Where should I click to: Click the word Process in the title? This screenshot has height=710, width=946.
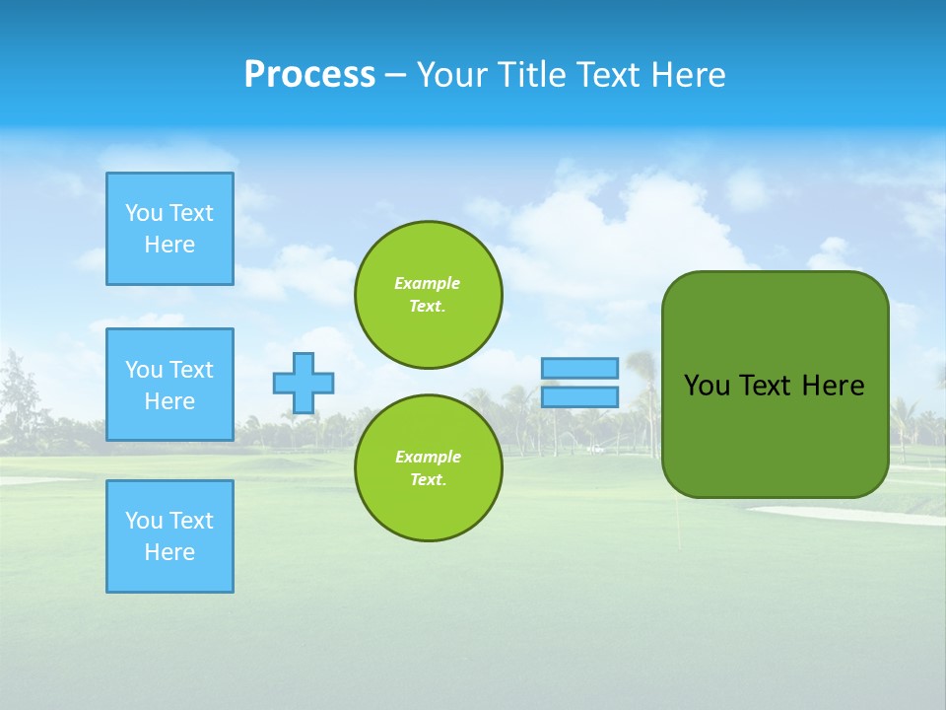coord(309,75)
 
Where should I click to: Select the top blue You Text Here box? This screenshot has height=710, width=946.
coord(169,229)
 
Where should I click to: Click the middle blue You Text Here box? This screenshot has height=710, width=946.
coord(169,385)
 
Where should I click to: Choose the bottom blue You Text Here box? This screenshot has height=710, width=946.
coord(169,536)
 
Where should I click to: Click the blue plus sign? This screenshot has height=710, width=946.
coord(304,383)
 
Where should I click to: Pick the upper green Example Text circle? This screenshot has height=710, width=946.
coord(428,295)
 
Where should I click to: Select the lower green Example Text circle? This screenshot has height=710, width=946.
coord(428,468)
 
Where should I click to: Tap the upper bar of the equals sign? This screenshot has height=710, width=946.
coord(579,368)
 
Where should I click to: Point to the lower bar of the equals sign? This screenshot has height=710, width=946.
coord(579,397)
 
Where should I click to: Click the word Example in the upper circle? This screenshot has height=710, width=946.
coord(428,283)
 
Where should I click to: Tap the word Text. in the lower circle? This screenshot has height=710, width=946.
coord(428,480)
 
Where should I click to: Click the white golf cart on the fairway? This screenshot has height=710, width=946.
coord(594,449)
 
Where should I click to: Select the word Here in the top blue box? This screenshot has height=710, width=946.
coord(169,245)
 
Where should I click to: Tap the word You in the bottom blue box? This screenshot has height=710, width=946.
coord(144,521)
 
